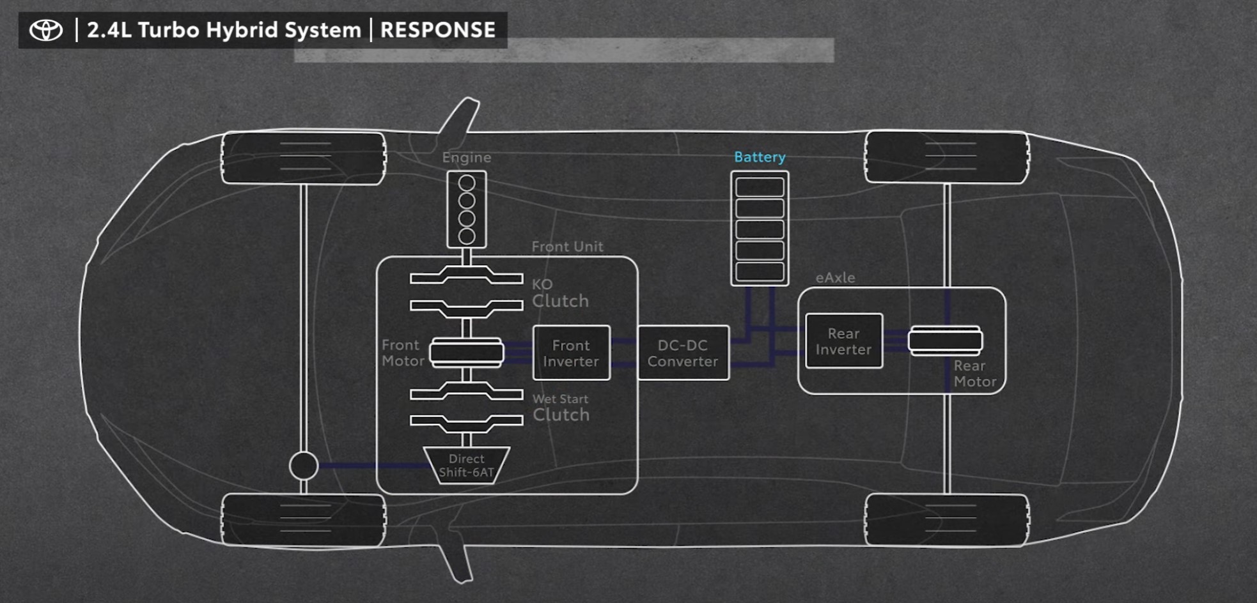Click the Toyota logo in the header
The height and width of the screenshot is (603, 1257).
point(47,30)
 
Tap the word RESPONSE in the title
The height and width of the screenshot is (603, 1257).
point(438,30)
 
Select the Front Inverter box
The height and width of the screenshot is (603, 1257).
point(571,353)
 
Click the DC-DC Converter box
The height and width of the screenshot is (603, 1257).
point(683,353)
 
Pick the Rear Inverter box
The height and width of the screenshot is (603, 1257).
point(843,341)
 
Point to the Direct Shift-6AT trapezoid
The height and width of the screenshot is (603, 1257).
point(466,466)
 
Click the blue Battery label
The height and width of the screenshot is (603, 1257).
point(760,157)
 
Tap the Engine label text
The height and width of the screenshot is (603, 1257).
point(467,158)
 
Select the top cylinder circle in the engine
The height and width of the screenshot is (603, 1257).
point(467,183)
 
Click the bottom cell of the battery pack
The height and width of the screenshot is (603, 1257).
point(760,271)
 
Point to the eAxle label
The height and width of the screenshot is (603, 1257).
point(835,278)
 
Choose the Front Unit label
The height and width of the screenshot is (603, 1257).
point(567,247)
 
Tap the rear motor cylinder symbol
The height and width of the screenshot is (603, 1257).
point(945,340)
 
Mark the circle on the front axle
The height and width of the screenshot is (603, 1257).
point(304,465)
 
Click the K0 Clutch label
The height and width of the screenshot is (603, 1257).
point(559,293)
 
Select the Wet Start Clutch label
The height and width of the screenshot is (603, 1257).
point(561,408)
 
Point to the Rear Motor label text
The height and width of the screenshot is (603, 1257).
point(974,374)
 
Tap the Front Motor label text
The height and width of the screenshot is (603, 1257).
point(403,353)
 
